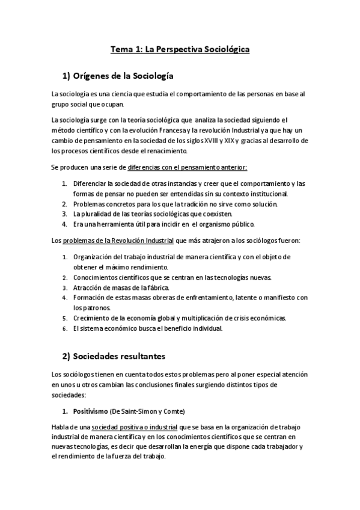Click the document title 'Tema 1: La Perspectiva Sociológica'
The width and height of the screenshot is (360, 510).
[x=180, y=51]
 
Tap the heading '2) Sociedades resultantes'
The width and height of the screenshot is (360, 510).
[x=114, y=356]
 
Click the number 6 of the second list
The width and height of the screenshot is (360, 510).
[x=65, y=328]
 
